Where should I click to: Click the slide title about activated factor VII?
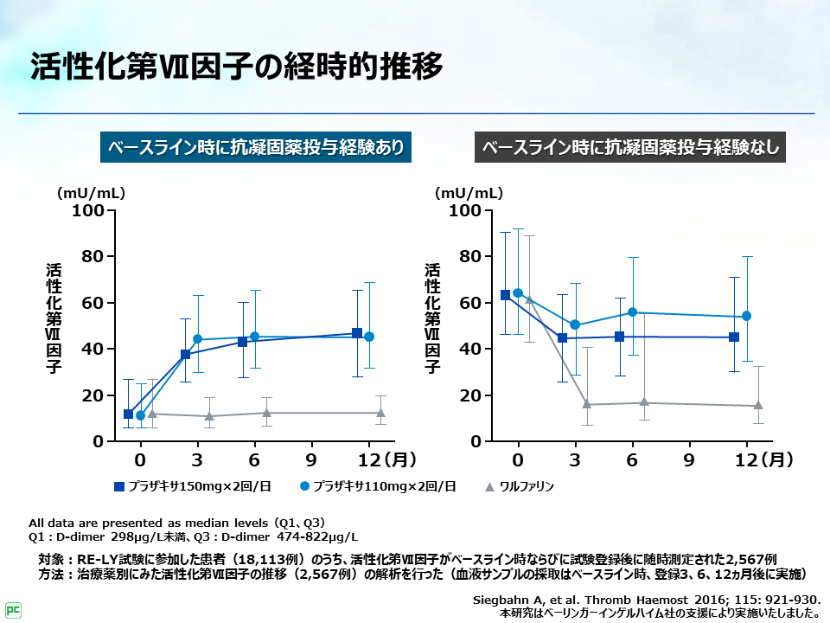pyautogui.click(x=237, y=66)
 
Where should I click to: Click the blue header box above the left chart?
pyautogui.click(x=254, y=146)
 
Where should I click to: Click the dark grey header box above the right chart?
pyautogui.click(x=630, y=146)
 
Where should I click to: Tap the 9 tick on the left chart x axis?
pyautogui.click(x=310, y=458)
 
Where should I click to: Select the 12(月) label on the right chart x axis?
pyautogui.click(x=769, y=458)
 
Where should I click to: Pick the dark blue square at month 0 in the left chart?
pyautogui.click(x=129, y=414)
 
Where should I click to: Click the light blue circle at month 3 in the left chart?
pyautogui.click(x=197, y=339)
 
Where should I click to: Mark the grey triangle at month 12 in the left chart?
pyautogui.click(x=380, y=413)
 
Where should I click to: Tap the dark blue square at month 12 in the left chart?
pyautogui.click(x=357, y=333)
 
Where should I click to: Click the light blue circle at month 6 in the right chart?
pyautogui.click(x=632, y=312)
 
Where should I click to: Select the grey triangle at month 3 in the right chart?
pyautogui.click(x=586, y=404)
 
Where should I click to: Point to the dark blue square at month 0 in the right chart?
pyautogui.click(x=506, y=295)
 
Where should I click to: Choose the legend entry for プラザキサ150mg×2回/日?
pyautogui.click(x=193, y=486)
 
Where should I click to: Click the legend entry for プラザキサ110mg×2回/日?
pyautogui.click(x=378, y=486)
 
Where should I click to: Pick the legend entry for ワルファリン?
pyautogui.click(x=519, y=486)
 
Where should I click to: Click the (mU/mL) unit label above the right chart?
pyautogui.click(x=468, y=192)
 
